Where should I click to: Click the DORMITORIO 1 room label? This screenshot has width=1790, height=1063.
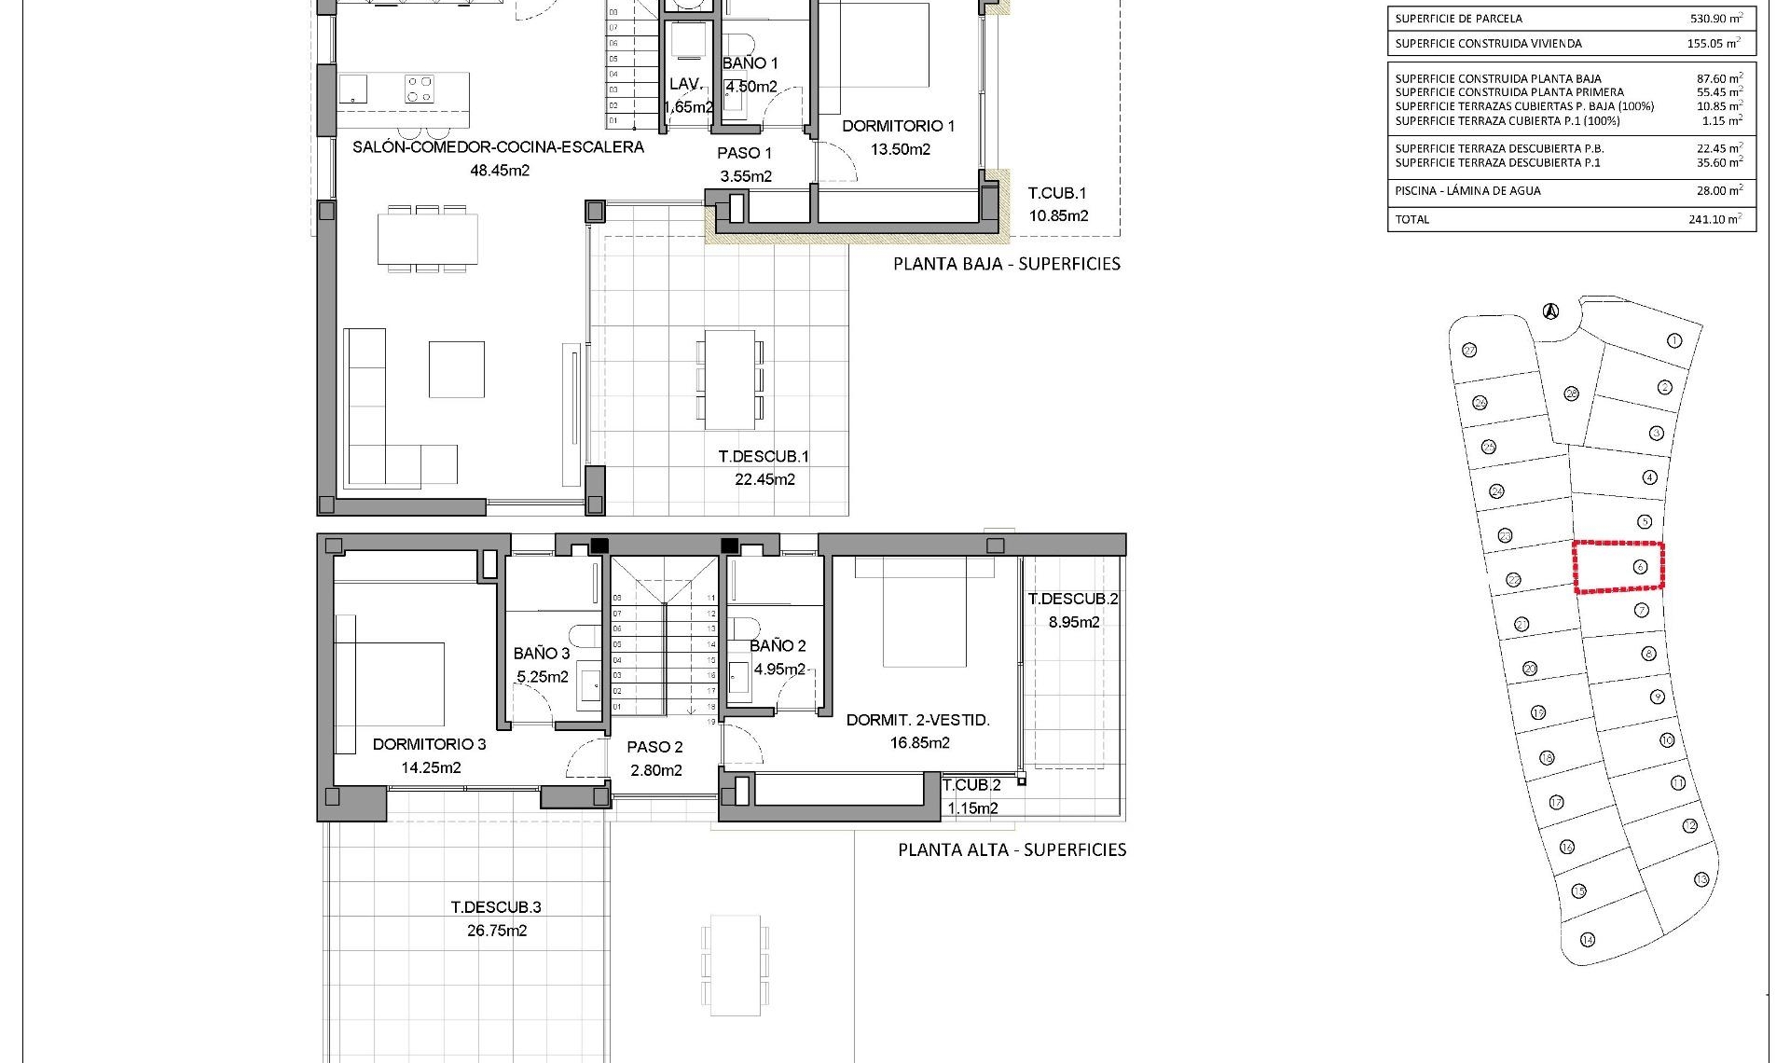point(898,126)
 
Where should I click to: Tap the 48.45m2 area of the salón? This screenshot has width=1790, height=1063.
point(500,171)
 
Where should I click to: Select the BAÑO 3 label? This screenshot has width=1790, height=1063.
point(541,654)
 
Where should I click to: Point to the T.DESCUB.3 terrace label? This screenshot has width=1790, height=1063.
point(496,907)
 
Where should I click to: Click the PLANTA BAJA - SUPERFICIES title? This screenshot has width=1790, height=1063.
point(1007,264)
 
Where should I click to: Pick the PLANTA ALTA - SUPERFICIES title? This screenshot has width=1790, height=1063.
point(1012,849)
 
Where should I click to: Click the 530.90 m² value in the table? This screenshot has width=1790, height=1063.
point(1715,19)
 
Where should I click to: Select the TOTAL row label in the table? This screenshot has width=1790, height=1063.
point(1411,220)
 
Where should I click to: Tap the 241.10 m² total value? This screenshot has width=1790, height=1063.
point(1715,220)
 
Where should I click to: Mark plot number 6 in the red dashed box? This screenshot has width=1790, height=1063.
point(1640,567)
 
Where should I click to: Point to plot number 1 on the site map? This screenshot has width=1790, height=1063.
point(1673,341)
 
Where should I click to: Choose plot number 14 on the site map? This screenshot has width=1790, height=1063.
point(1587,940)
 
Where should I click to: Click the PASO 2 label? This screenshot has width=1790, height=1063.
point(654,747)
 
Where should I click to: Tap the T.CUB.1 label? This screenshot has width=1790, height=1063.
point(1057,194)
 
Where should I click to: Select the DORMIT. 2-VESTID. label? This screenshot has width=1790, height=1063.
point(917,720)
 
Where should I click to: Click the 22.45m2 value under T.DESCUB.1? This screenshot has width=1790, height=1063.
point(764,480)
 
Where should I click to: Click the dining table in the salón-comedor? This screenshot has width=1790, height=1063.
point(428,240)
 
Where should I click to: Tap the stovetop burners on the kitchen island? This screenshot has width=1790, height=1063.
point(419,89)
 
